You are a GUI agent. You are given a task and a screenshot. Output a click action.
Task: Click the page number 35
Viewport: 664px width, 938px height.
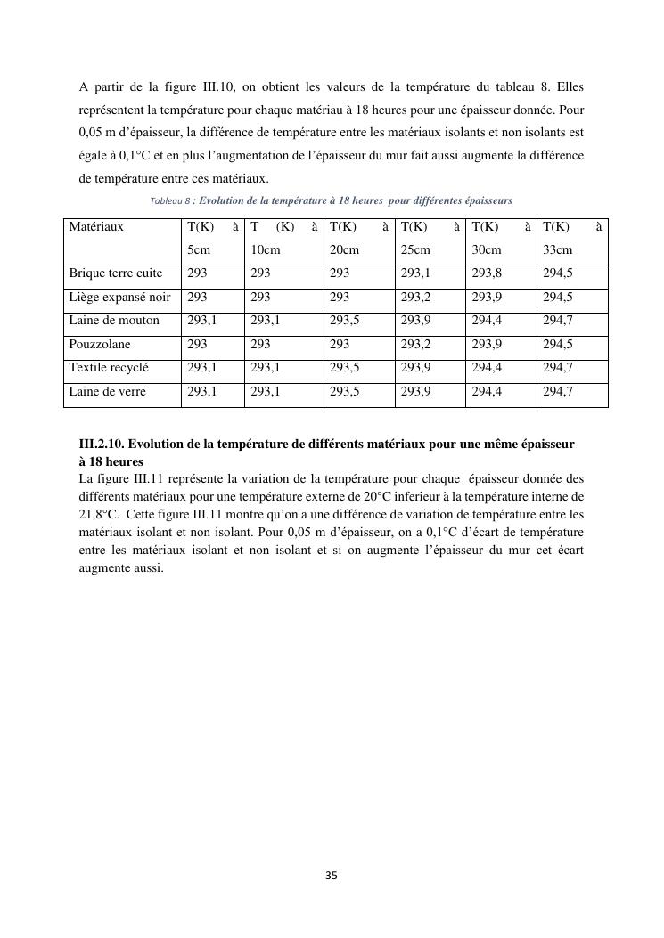coord(332,876)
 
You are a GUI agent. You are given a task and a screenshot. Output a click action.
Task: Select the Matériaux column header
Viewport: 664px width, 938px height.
coord(96,227)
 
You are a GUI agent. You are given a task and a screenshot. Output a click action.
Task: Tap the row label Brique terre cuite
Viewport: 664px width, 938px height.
coord(116,273)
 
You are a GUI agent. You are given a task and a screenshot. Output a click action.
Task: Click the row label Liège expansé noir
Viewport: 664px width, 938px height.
coord(120,297)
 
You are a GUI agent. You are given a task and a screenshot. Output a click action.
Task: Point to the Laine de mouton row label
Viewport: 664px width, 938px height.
coord(114,321)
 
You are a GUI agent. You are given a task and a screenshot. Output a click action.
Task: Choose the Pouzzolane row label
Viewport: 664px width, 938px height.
coord(100,344)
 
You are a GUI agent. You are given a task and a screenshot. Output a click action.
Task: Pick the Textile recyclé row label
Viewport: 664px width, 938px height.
coord(109,367)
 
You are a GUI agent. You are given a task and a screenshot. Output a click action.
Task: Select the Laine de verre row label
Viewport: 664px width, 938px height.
coord(108,391)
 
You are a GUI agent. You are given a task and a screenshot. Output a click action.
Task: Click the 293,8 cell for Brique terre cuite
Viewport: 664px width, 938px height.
coord(487,273)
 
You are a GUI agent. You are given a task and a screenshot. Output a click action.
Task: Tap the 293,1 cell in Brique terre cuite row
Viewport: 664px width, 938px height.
coord(415,273)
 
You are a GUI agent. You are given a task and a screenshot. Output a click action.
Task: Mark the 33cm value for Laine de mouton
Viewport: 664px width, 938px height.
coord(558,321)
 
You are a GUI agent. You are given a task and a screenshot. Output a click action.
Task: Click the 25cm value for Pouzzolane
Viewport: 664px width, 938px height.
coord(415,344)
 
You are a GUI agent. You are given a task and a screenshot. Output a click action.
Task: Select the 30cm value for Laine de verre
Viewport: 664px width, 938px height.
coord(487,391)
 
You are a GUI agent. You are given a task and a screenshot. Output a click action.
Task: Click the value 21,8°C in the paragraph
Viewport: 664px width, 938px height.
coord(98,514)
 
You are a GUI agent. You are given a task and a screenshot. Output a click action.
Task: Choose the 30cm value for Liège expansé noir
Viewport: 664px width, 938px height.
coord(487,297)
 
